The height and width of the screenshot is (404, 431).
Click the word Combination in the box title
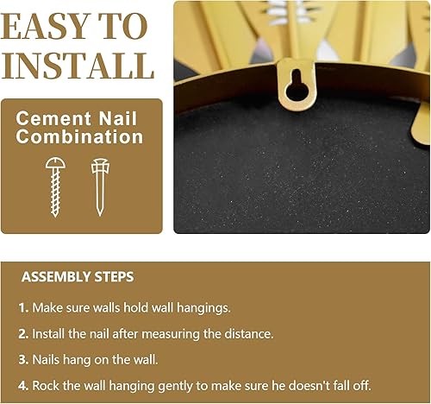pos(81,136)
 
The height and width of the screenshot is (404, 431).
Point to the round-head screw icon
pos(56,186)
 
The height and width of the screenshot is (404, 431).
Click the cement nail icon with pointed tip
pos(100,186)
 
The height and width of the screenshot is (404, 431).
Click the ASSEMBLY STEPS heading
pos(78,277)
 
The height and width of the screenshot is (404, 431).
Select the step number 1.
pos(23,307)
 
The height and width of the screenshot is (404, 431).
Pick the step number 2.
pos(24,333)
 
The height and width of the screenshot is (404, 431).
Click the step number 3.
pos(24,359)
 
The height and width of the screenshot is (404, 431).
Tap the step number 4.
pos(24,385)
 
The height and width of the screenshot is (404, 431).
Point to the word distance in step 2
pos(248,333)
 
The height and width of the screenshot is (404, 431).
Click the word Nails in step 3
pos(48,359)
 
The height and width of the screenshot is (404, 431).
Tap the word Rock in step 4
pos(47,385)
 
